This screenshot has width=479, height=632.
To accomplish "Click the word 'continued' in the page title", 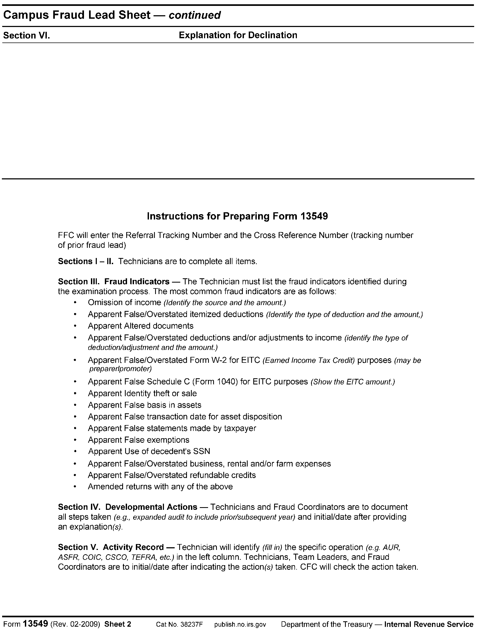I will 195,15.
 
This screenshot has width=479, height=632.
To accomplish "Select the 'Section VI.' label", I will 26,36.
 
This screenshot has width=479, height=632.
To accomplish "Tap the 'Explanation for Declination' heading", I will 238,35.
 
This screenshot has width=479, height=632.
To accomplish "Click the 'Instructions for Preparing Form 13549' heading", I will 237,216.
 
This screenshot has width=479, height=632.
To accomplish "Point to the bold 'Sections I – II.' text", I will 86,261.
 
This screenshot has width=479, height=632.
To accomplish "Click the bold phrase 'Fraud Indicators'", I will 137,282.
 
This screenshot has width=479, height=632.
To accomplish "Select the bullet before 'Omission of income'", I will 75,302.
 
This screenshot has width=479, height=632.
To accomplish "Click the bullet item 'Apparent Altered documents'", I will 141,326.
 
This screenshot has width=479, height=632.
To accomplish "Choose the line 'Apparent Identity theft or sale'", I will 142,394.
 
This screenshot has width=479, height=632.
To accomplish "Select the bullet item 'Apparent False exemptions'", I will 139,440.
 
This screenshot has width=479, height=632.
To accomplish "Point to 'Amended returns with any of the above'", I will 160,486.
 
